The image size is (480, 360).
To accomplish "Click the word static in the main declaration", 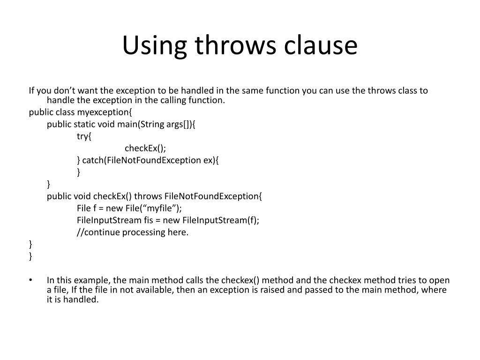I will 84,124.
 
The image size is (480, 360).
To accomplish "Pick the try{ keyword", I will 85,136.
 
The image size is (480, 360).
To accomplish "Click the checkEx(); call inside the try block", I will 145,148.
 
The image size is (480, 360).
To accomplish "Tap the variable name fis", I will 150,220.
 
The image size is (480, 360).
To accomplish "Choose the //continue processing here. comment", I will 133,232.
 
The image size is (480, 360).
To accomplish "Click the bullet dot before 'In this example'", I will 30,280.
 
